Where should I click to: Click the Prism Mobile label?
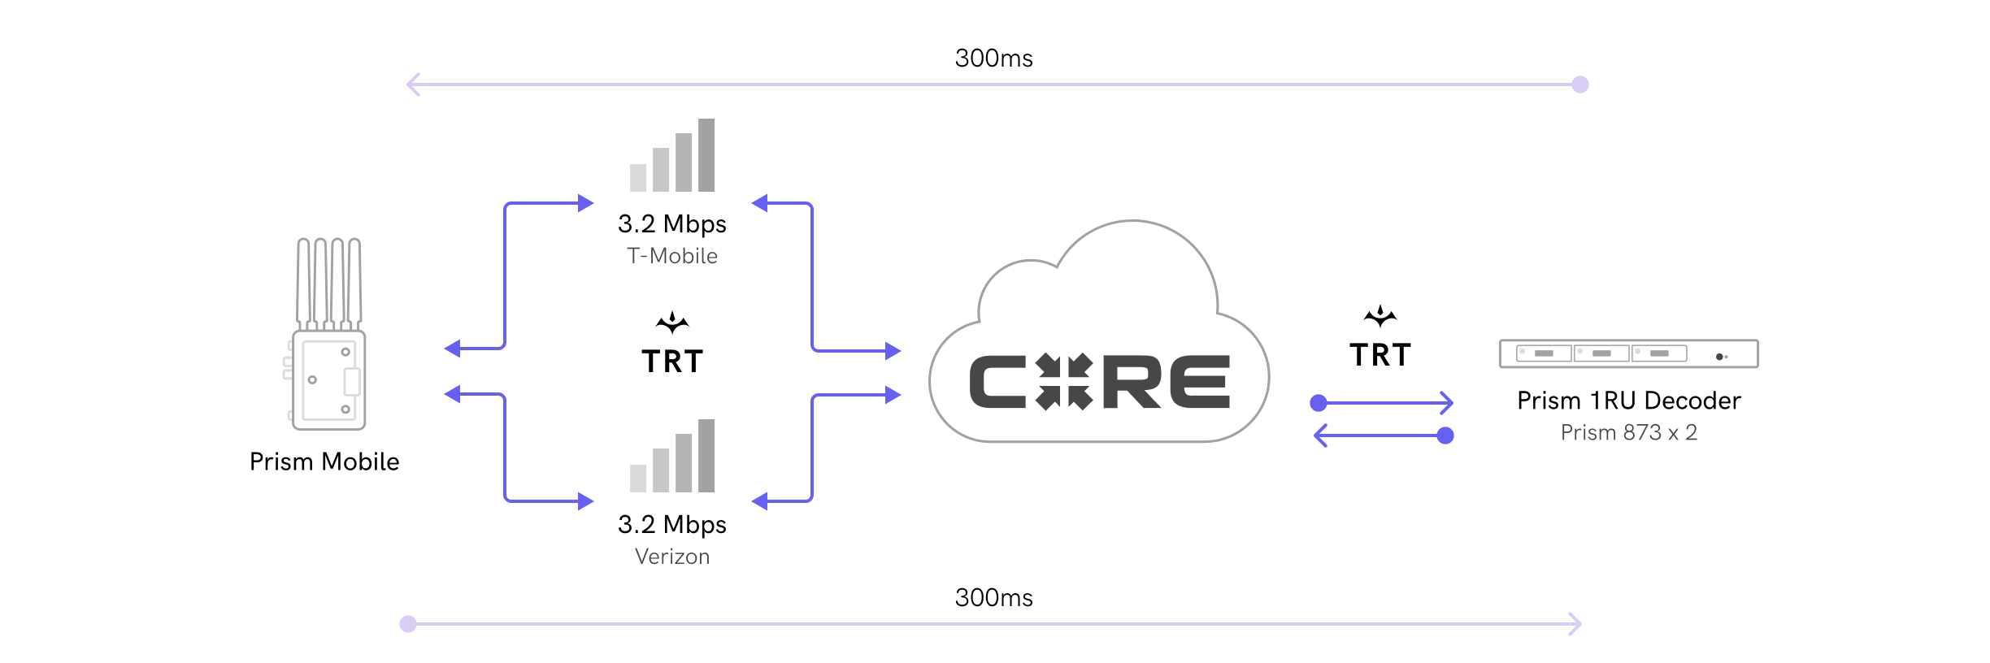coord(324,461)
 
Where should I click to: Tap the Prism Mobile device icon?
coord(328,335)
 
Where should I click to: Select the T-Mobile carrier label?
coord(672,256)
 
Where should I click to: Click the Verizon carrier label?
coord(672,557)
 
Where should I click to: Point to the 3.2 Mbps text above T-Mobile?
coord(672,223)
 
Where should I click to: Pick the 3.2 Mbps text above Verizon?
coord(672,524)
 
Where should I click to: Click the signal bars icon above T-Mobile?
coord(673,156)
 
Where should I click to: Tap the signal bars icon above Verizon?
coord(673,457)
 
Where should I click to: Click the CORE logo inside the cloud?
coord(1099,382)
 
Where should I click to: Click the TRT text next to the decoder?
coord(1380,355)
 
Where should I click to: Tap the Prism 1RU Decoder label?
coord(1629,401)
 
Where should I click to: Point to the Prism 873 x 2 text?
coord(1629,432)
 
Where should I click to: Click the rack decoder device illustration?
coord(1629,354)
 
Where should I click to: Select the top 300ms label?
coord(993,58)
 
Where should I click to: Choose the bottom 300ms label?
coord(993,598)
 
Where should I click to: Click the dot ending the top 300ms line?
coord(1580,84)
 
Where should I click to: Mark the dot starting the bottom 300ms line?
coord(408,624)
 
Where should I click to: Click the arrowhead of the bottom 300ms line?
coord(1577,624)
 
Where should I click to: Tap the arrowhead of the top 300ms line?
coord(412,84)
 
